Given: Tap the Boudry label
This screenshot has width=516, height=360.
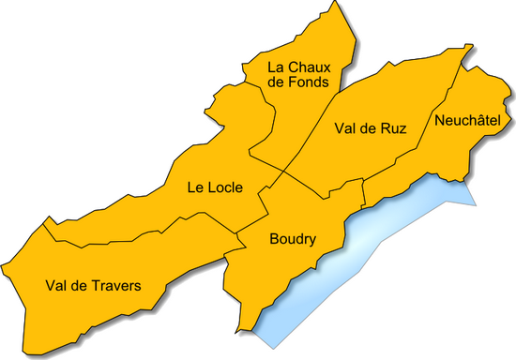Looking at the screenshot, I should [x=292, y=239].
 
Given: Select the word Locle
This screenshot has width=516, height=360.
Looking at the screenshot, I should [x=226, y=187].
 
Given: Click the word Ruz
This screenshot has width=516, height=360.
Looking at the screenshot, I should [x=392, y=129].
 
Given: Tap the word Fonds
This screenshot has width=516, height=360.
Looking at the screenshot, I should [x=310, y=82].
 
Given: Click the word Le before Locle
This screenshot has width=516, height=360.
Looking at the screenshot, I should [x=195, y=187].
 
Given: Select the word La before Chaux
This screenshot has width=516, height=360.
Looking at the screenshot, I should [x=277, y=67].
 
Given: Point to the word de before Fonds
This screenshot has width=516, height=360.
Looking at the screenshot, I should [x=277, y=82].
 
